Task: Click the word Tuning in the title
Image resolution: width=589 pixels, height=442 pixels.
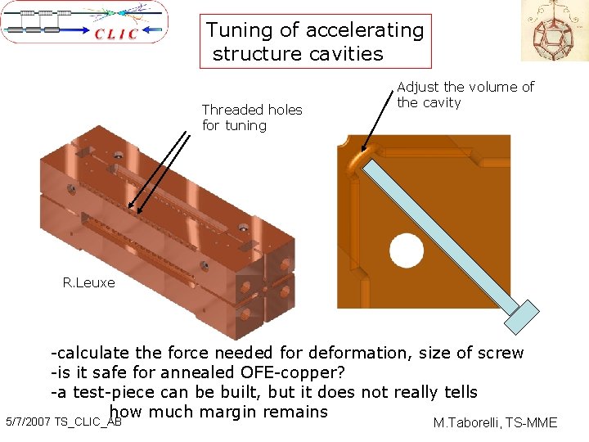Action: [x=238, y=30]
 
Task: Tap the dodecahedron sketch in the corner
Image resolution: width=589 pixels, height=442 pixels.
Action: [x=555, y=30]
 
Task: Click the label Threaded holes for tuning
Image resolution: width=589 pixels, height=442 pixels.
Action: [x=252, y=117]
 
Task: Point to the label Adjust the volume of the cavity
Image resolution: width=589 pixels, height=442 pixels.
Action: [x=465, y=94]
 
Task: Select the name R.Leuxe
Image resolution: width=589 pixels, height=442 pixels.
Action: [x=88, y=283]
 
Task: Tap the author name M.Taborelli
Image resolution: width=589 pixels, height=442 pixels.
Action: [x=467, y=423]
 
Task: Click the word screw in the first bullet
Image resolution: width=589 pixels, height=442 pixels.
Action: [x=501, y=353]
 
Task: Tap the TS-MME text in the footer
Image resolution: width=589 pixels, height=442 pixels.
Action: [x=532, y=423]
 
